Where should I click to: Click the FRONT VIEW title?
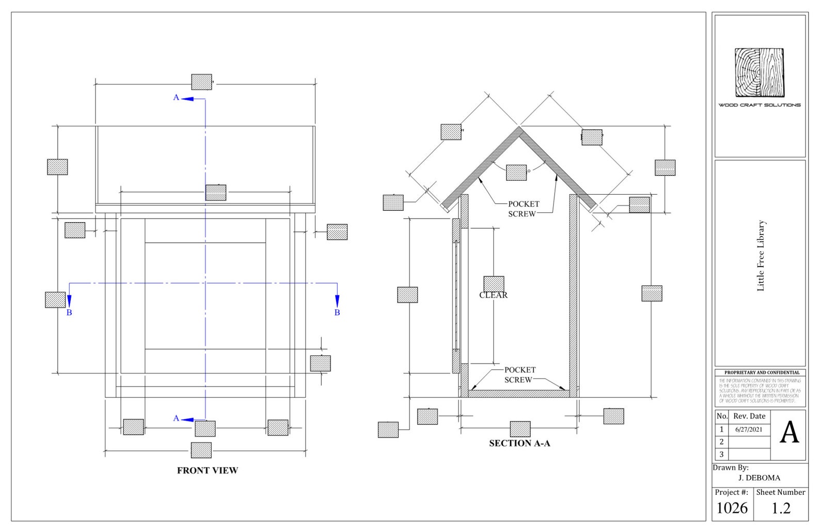207,471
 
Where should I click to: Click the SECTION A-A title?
519,443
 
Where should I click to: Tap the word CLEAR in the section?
493,295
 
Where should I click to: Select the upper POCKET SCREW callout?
523,209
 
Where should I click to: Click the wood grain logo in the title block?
759,72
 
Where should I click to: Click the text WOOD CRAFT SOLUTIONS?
759,105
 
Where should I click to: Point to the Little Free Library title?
761,256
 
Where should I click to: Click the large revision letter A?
789,433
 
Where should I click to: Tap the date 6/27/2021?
748,429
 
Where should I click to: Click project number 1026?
732,508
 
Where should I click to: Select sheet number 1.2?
781,508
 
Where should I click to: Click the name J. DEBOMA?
759,478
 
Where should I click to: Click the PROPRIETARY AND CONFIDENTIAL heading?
761,372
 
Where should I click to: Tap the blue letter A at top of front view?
176,98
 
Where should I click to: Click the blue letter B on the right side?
337,313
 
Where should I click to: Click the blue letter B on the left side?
69,313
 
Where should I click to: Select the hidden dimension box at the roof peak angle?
516,173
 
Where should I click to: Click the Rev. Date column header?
749,416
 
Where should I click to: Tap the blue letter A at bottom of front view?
176,418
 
